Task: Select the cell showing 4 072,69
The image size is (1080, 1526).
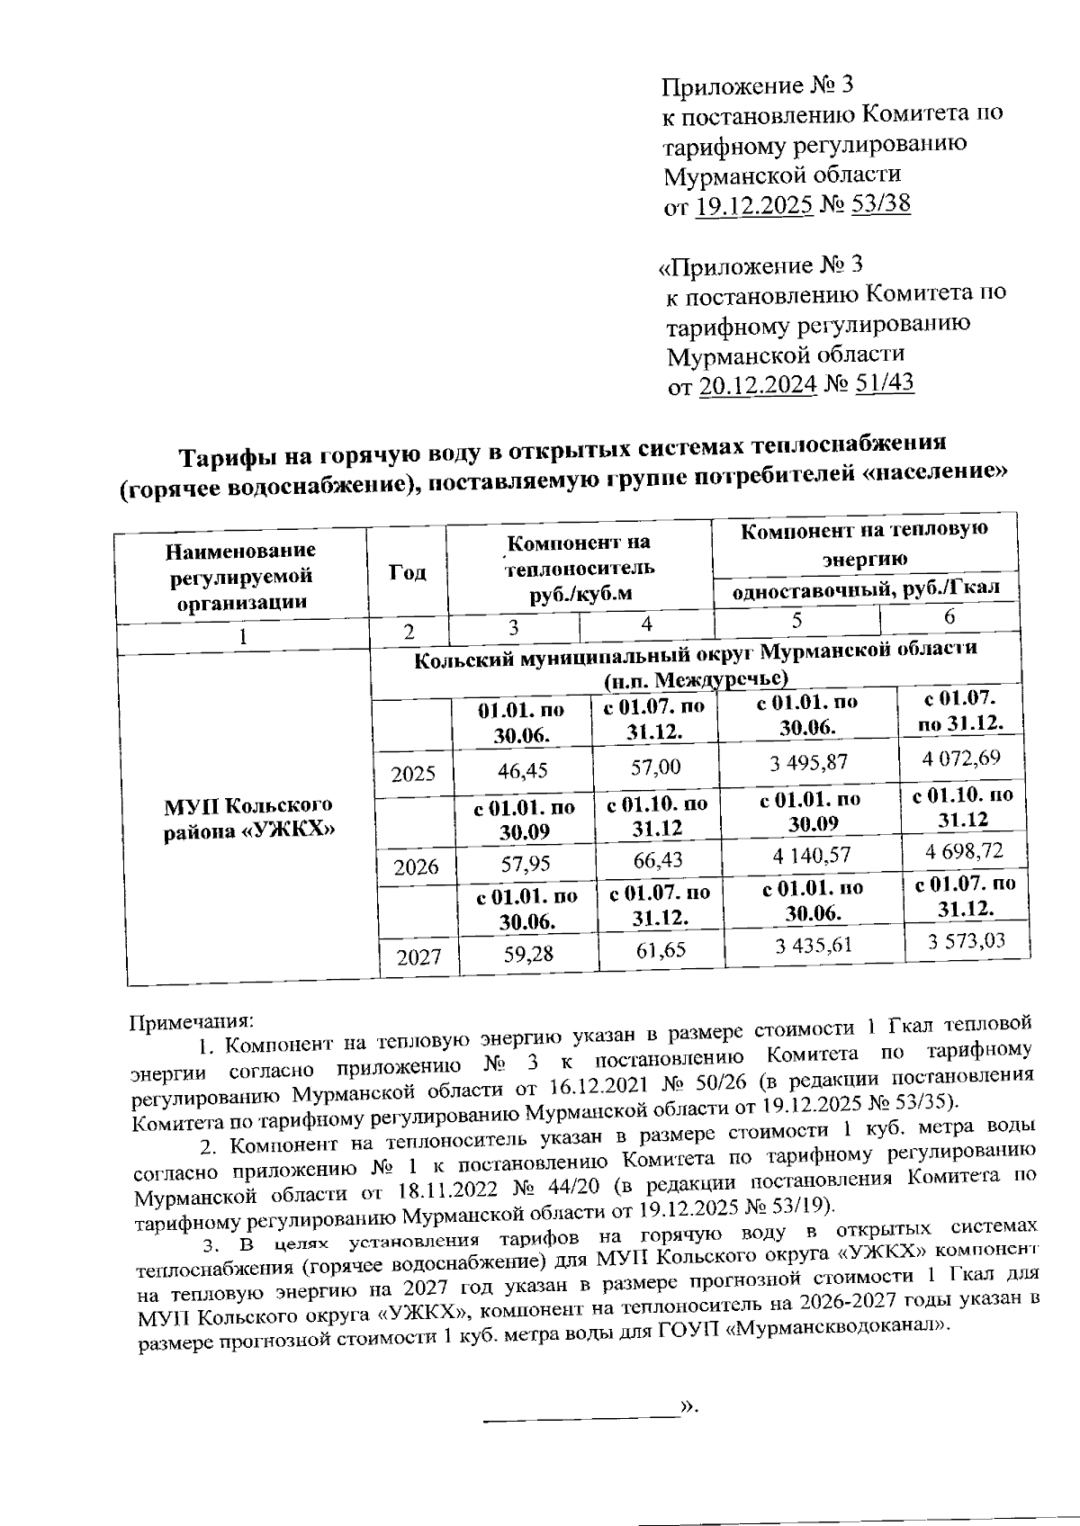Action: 960,757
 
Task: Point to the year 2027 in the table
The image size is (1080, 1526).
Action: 418,956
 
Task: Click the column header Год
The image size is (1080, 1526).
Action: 407,572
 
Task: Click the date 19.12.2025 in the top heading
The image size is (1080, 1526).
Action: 754,206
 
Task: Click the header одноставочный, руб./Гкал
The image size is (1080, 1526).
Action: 866,591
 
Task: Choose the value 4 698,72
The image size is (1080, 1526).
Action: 961,850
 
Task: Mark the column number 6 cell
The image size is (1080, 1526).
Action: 949,617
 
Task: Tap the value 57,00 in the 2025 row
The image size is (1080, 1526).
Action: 656,767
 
